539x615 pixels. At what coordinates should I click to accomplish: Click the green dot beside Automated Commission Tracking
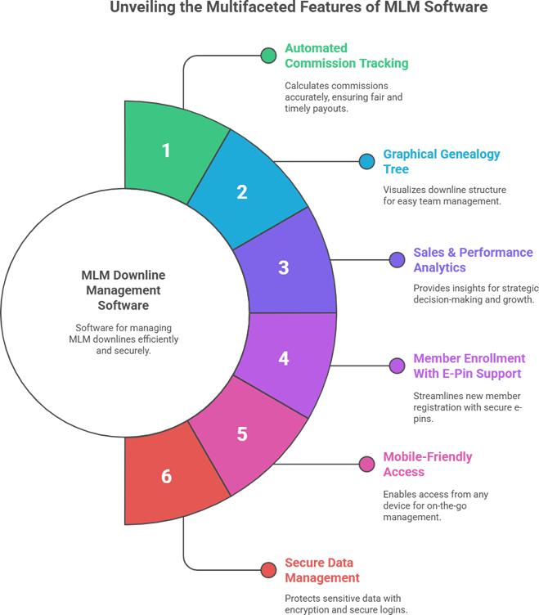coord(267,56)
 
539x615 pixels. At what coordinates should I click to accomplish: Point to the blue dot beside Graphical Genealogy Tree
coord(366,162)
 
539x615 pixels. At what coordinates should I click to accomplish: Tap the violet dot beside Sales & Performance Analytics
coord(397,260)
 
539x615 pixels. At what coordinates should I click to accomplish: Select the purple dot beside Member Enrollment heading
coord(397,366)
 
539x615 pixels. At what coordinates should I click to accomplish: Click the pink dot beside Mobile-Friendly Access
coord(366,465)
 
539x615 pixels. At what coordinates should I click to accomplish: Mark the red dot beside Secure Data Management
coord(267,570)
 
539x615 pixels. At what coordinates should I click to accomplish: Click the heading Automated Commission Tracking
coord(346,56)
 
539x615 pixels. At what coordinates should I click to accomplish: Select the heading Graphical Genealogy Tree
coord(442,162)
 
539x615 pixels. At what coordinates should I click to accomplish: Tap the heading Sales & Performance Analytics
coord(473,260)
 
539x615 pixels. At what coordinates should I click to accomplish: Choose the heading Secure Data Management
coord(321,570)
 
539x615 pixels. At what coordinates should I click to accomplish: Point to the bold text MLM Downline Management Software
coord(124,290)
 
